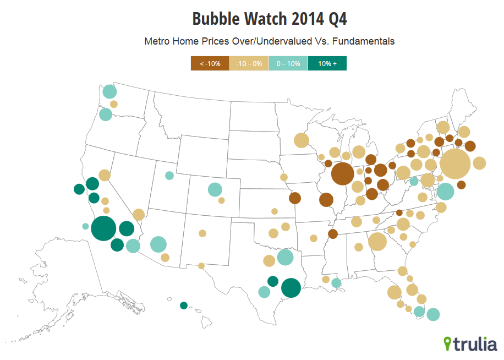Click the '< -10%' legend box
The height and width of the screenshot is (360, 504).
coord(210,64)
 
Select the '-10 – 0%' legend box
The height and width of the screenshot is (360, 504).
coord(249,64)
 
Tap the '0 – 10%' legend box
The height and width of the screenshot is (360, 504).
coord(288,64)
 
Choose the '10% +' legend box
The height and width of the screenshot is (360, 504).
coord(327,64)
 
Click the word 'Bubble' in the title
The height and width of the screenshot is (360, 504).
coord(217,19)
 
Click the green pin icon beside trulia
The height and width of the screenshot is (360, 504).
coord(448,343)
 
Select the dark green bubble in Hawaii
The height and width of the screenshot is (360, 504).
coord(184,306)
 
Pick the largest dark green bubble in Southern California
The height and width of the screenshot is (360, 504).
coord(103,228)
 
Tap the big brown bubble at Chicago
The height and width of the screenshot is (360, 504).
coord(342,174)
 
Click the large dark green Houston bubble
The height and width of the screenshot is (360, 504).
coord(291,287)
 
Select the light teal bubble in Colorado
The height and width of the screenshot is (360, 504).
coord(215,189)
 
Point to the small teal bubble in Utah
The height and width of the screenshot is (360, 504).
coord(169,176)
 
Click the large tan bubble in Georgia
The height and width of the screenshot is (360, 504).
coord(377,241)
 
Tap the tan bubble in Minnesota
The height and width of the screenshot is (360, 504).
coord(301,140)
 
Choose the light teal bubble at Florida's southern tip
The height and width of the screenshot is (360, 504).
coord(433,314)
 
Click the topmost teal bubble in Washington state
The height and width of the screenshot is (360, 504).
coord(109,91)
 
